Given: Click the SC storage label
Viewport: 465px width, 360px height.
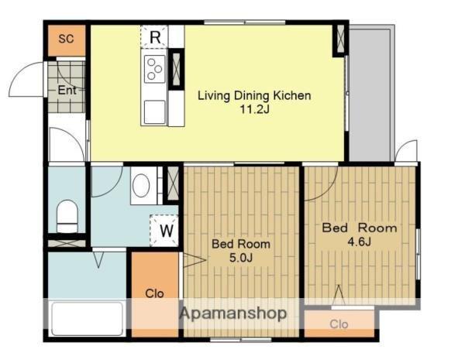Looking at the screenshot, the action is (x=66, y=39).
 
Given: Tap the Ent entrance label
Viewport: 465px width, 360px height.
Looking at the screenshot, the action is (x=67, y=90).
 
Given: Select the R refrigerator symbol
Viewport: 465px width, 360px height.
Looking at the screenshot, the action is (x=154, y=36).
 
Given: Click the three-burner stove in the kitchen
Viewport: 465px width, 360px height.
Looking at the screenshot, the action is (x=154, y=69).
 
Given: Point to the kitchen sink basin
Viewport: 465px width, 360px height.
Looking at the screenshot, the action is (x=154, y=111).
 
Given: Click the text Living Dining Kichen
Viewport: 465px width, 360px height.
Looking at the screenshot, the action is (x=254, y=96).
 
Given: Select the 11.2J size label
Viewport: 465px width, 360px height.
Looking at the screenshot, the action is (x=255, y=110).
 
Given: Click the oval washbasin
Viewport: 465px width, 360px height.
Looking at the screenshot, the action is (x=141, y=186).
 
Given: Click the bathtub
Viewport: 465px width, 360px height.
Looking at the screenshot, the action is (x=87, y=318).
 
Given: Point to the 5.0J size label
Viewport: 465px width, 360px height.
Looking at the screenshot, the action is (x=240, y=258).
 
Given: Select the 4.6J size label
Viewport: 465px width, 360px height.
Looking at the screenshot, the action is (x=359, y=242).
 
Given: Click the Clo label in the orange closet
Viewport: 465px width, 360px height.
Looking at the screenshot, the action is (x=154, y=293).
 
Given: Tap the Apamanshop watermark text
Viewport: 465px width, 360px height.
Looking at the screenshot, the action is (x=233, y=314).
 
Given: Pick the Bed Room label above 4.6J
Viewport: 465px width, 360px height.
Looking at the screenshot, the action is (x=360, y=228).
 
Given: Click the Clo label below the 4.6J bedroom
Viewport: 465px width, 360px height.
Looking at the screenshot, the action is (x=339, y=324).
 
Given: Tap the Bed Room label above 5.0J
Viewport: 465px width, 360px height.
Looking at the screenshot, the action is (x=241, y=244).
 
